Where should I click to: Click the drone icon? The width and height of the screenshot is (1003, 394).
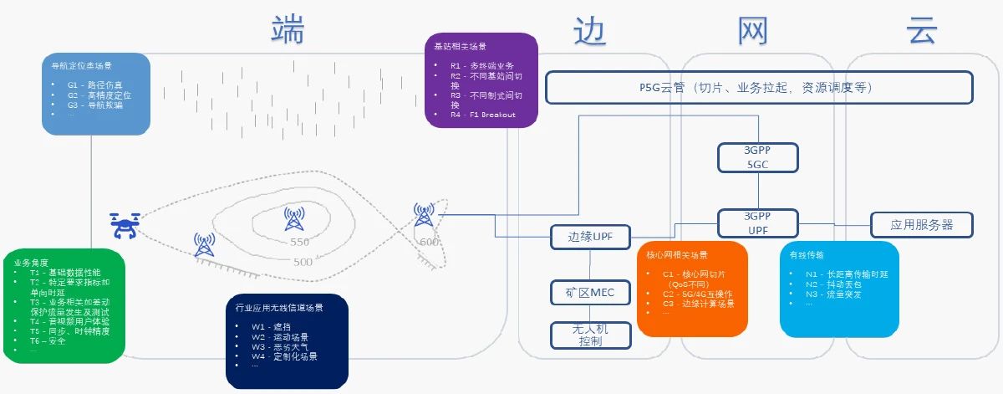(x=125, y=224)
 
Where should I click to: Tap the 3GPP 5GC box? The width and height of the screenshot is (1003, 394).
(x=758, y=156)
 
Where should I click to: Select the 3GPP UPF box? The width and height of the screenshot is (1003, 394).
(x=758, y=223)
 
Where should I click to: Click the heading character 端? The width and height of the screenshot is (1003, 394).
(x=288, y=31)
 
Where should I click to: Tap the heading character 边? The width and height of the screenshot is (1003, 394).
(x=590, y=31)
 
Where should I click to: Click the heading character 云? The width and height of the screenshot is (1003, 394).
(x=922, y=31)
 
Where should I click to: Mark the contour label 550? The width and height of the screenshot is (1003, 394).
(x=298, y=243)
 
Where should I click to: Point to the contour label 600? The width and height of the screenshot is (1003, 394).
(x=429, y=242)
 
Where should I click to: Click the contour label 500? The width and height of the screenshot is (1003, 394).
(x=303, y=262)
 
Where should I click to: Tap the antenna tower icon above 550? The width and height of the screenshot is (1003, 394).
(x=293, y=219)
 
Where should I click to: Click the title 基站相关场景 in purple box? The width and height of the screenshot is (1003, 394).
(x=456, y=46)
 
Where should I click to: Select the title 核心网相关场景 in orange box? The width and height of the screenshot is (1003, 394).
(x=678, y=255)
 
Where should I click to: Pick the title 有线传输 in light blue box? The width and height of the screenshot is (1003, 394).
(x=807, y=254)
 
